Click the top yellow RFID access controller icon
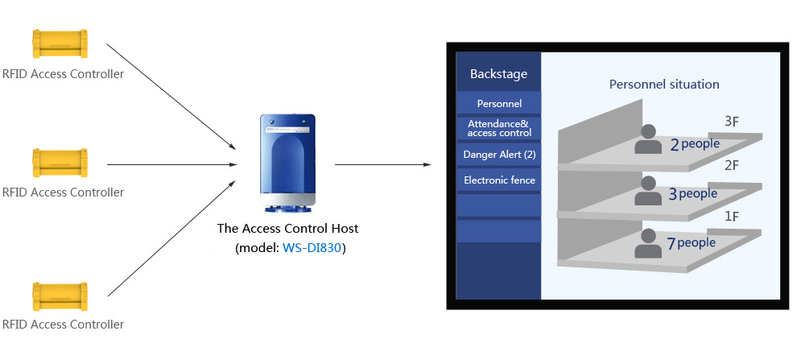coord(59,43)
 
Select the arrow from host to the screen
coord(382,164)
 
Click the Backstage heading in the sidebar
coord(498,74)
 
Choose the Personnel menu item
coord(499,103)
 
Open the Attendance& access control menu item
coord(499,128)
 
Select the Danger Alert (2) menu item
coord(499,154)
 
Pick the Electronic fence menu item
coord(499,180)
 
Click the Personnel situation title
coord(664,84)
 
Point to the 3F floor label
coord(732,122)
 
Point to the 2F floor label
coord(732,165)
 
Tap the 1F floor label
coord(732,216)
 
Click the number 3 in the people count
coord(674,195)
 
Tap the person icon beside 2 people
coord(647,139)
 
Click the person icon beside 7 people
coord(647,242)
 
